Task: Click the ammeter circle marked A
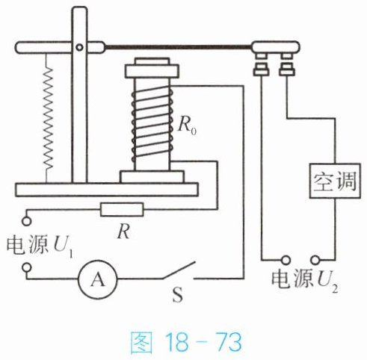point(98,279)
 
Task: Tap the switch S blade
point(179,270)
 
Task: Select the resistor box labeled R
point(122,209)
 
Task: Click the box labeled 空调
point(335,181)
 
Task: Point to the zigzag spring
point(48,118)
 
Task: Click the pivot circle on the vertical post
point(79,47)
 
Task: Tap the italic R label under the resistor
point(124,232)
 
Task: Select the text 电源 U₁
point(40,246)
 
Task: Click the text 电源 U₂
point(305,279)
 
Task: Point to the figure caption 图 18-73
point(186,342)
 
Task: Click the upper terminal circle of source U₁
point(26,221)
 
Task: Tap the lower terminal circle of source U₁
point(26,267)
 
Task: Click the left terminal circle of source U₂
point(286,261)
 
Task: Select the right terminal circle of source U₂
point(315,261)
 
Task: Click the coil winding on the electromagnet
point(152,125)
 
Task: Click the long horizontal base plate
point(107,190)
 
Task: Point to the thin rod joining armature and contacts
point(178,46)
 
